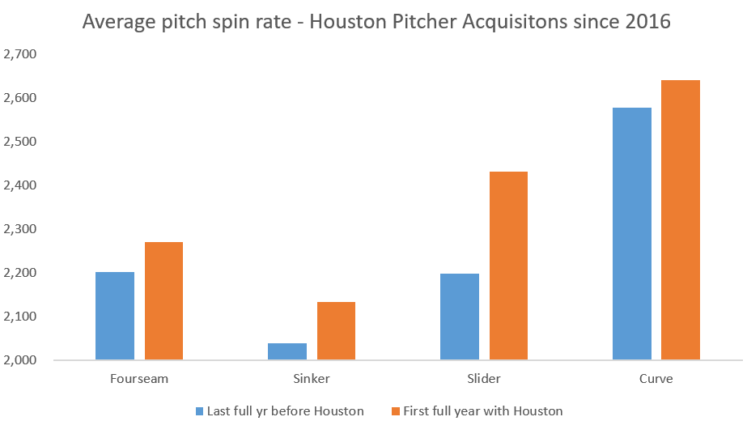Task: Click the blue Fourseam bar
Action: tap(115, 316)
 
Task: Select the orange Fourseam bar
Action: tap(163, 300)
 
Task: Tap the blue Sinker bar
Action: tap(287, 351)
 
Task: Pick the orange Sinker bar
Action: tap(336, 330)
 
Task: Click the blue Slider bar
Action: tap(460, 317)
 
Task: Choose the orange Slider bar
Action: tap(508, 266)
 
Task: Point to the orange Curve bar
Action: tap(681, 219)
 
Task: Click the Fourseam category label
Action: tap(138, 378)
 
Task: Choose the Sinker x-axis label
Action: tap(312, 378)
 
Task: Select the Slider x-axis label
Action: tap(484, 378)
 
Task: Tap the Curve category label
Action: tap(656, 378)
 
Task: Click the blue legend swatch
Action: tap(200, 410)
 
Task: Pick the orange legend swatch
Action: tap(396, 410)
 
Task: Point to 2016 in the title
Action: tap(646, 22)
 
